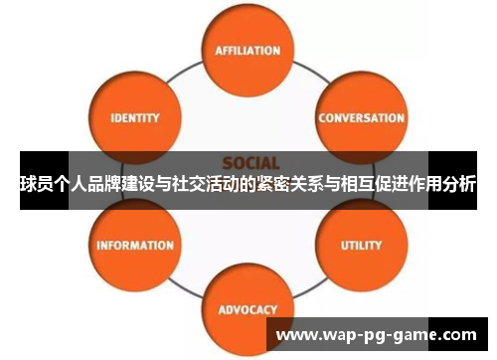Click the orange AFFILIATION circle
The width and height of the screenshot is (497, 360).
(248, 50)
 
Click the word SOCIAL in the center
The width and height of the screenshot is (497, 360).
(250, 162)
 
